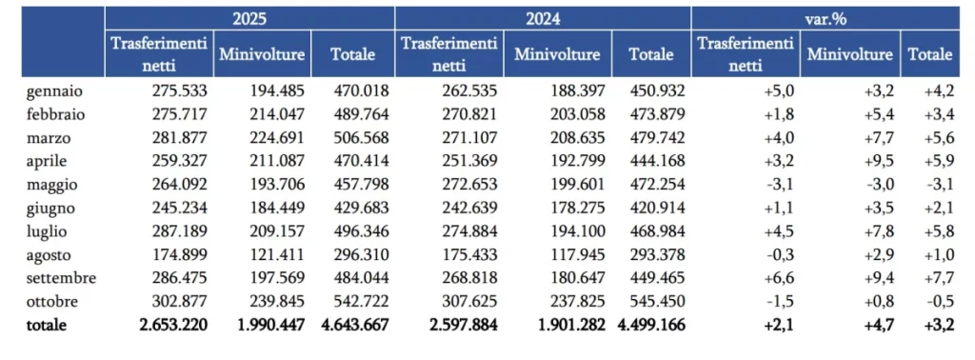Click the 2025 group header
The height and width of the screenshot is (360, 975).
249,18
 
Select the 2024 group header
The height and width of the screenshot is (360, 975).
542,18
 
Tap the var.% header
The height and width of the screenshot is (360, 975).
826,18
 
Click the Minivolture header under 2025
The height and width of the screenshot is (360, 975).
262,54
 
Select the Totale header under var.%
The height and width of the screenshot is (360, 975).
930,54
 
